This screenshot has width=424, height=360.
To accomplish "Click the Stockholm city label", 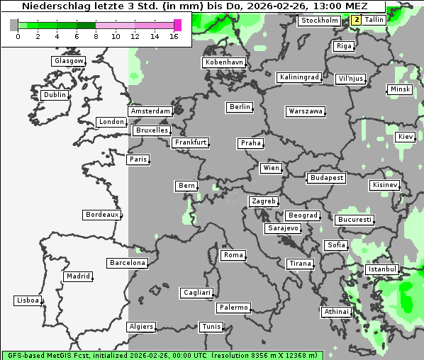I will (x=319, y=21).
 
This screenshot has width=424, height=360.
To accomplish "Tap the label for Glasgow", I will (x=69, y=61).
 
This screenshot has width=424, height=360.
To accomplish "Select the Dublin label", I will (x=55, y=95).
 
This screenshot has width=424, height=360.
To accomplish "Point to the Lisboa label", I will (x=28, y=300).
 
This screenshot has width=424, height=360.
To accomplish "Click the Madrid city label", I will (x=77, y=276).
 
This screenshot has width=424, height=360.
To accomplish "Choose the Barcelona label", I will (x=128, y=263).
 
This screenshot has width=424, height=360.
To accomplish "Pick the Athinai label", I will (x=336, y=312).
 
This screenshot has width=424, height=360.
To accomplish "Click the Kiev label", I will (x=406, y=136).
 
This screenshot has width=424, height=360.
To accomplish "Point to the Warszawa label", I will (x=306, y=111).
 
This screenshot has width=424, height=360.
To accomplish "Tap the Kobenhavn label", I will (x=224, y=62).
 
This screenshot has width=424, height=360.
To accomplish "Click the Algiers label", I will (x=141, y=327).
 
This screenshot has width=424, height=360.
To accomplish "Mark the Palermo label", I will (x=233, y=308).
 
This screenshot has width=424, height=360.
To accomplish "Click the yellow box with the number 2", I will (x=356, y=20).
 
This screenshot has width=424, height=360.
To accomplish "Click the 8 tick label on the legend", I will (x=96, y=35).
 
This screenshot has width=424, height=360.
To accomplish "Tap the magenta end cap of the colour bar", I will (x=177, y=25).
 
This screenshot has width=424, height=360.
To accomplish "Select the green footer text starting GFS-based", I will (x=162, y=355).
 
